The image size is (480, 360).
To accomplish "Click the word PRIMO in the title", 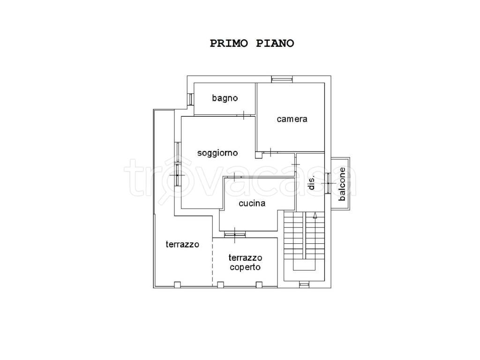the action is click(229, 43).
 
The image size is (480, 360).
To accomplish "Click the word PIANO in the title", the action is click(275, 43).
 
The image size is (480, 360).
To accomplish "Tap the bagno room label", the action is click(225, 98).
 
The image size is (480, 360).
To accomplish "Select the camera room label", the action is click(292, 119).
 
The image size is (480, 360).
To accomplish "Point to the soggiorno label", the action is click(217, 153).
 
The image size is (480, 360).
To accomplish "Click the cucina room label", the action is click(252, 203).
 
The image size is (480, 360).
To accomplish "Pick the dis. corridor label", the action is click(311, 183).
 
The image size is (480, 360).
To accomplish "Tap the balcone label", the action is click(342, 184).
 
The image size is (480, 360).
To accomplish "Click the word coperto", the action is click(245, 267).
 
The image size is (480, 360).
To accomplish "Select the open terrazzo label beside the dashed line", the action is click(182, 244).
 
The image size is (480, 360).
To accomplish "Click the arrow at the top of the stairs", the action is click(315, 215).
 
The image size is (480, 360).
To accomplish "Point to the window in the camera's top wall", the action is click(282, 79).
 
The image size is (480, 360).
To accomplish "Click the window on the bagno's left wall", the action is click(190, 99).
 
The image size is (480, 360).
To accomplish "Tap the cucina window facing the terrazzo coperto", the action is click(235, 234).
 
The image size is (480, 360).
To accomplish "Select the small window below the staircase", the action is click(304, 285).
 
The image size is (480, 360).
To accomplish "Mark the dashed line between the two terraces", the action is click(213, 262).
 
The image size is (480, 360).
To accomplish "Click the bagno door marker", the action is click(244, 115).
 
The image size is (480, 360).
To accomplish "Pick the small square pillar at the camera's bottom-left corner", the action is click(259, 155).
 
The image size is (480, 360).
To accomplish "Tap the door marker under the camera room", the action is click(270, 152).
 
